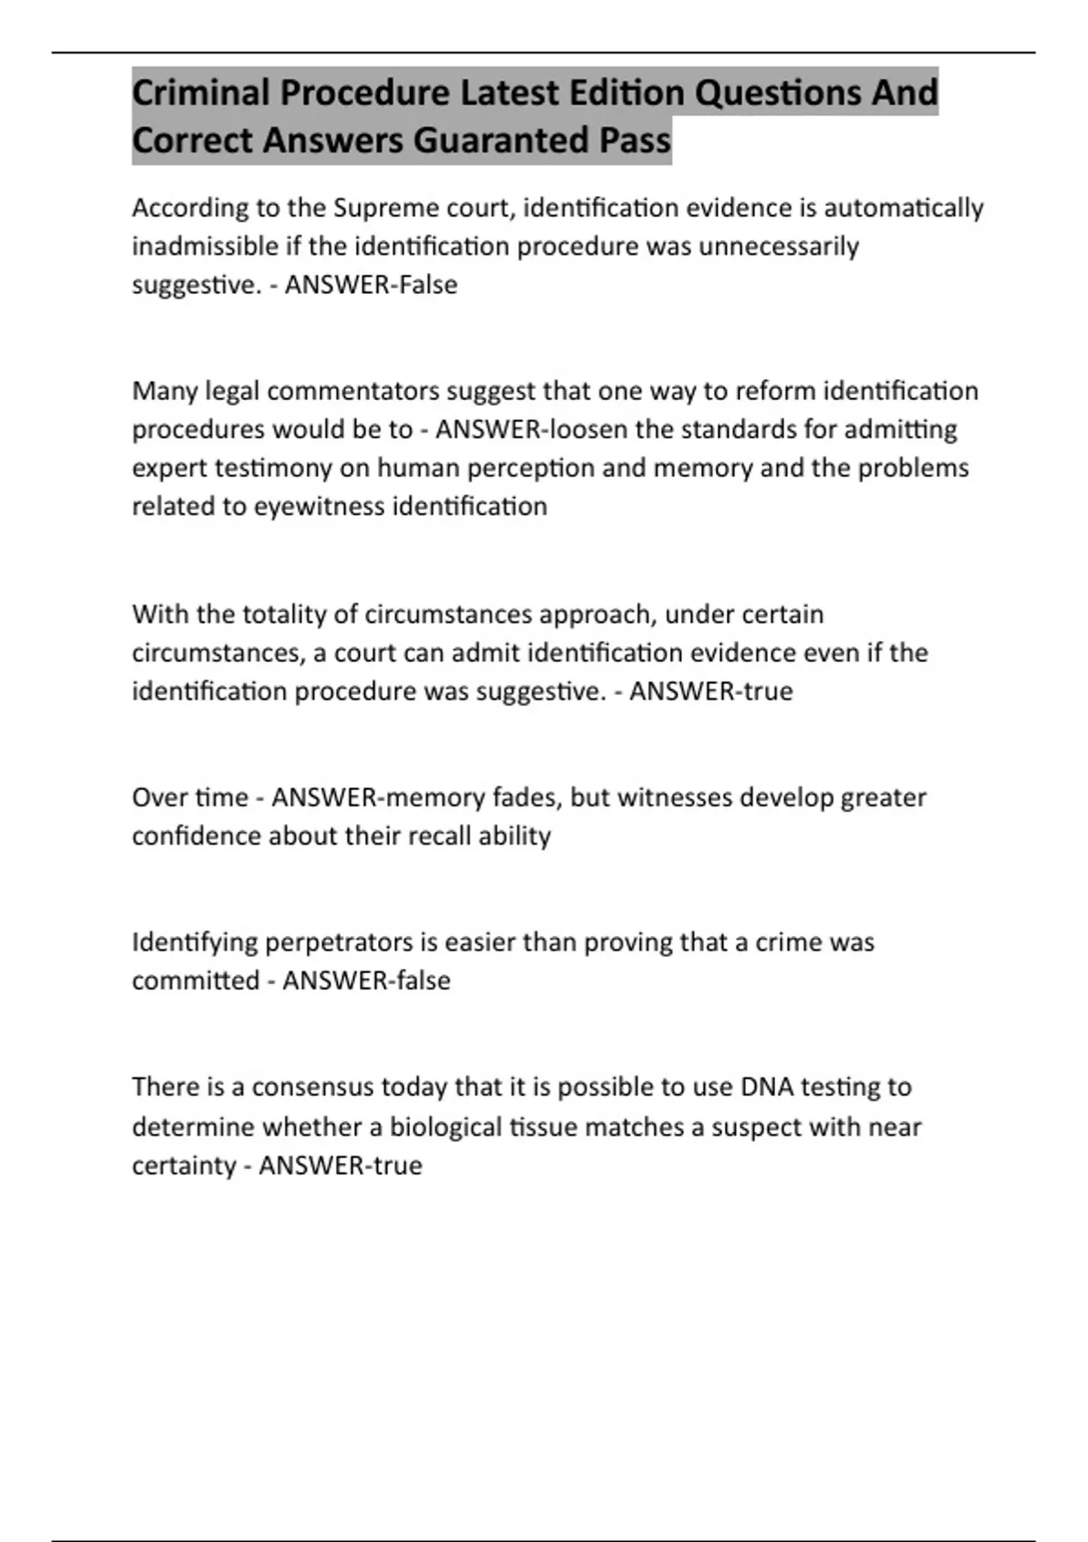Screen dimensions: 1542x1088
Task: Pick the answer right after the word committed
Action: click(x=366, y=981)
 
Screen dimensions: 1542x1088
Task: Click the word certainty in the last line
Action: click(x=184, y=1165)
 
